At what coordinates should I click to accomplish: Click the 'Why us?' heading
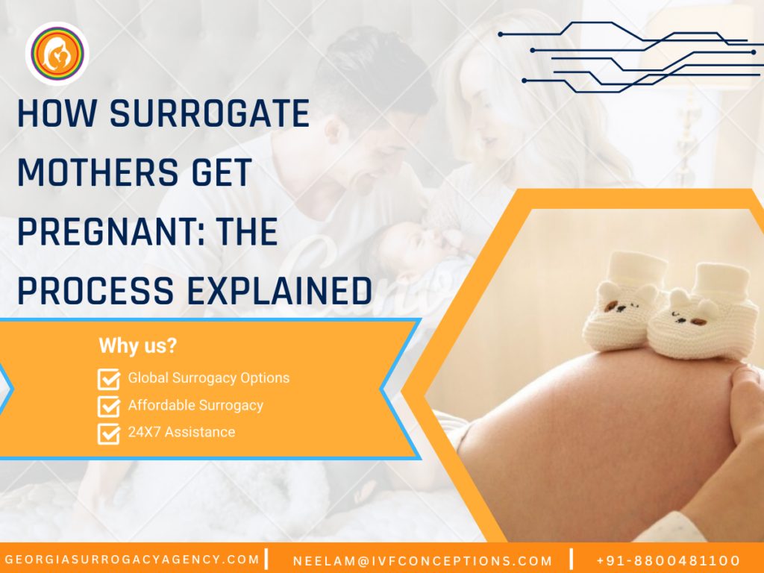(x=138, y=346)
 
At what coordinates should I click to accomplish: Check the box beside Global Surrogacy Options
(x=109, y=379)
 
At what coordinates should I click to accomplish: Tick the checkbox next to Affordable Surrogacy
(x=109, y=407)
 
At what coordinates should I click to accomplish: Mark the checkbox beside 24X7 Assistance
(x=109, y=433)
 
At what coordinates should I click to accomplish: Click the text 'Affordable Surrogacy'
(x=195, y=406)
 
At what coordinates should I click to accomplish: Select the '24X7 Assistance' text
(x=181, y=432)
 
